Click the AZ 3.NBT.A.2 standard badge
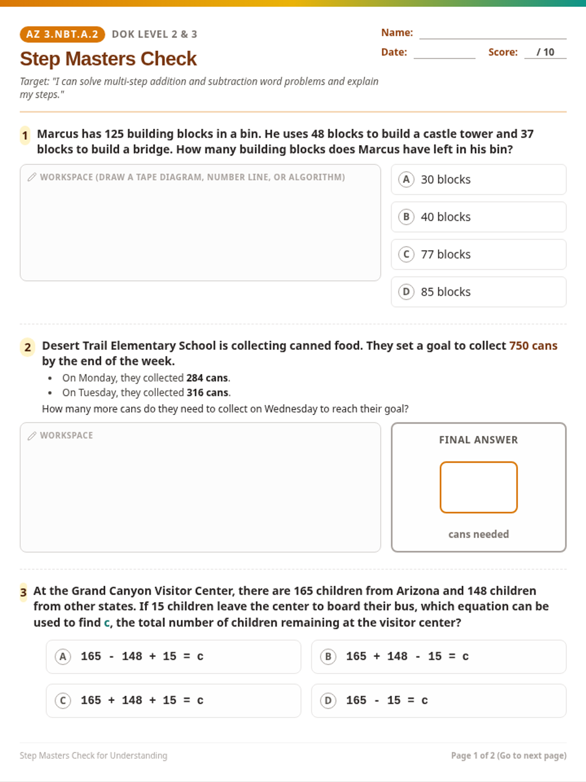coord(63,34)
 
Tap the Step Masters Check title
coord(108,59)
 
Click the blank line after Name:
coord(493,39)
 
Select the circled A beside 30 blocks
coord(406,179)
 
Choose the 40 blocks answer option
coord(479,217)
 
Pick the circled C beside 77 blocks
coord(406,254)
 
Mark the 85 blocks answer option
coord(479,292)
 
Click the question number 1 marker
coord(25,135)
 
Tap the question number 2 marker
coord(27,348)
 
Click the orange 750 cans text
coord(533,346)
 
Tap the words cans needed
coord(479,534)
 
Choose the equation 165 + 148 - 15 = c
coord(439,656)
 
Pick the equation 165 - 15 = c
coord(439,700)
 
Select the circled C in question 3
coord(63,701)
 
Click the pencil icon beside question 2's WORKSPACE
coord(32,435)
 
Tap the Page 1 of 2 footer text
coord(508,755)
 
